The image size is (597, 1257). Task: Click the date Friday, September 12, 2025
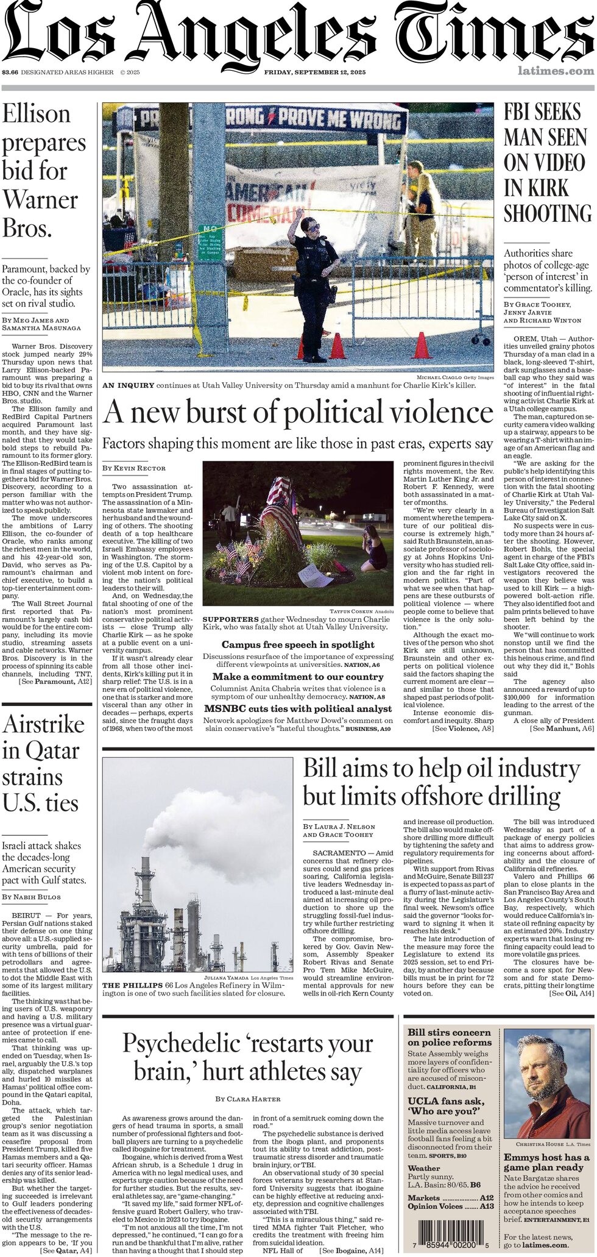pos(314,73)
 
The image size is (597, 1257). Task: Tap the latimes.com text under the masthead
pos(555,71)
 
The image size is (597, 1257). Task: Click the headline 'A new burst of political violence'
pos(298,413)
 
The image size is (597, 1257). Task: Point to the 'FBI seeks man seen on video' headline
pos(547,163)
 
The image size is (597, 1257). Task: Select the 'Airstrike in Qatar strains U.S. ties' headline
pos(43,763)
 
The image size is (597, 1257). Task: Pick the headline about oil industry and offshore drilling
pos(441,782)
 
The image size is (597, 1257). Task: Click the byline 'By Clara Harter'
pos(248,1099)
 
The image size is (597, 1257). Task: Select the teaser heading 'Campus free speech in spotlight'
pos(298,645)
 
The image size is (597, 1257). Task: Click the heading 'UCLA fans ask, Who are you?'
pos(447,1106)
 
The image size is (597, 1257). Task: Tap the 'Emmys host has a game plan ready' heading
pos(546,1163)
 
